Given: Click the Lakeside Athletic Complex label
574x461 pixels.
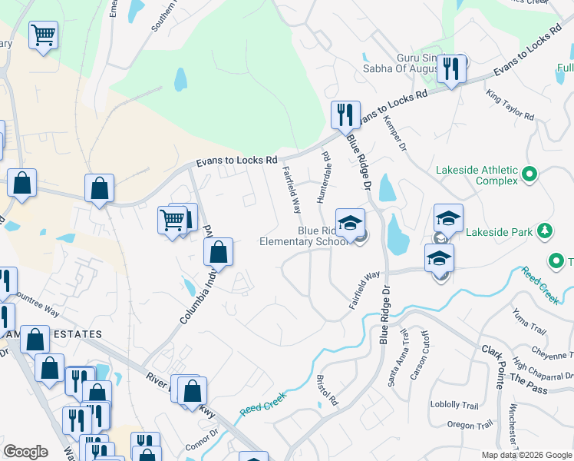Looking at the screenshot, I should point(477,175).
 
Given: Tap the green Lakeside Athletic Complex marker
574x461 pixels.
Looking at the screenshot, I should point(529,175).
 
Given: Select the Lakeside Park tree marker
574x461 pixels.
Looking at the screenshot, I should point(545,230).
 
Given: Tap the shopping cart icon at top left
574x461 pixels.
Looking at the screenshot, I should point(44,35).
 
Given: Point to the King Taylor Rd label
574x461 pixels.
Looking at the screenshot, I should point(510,104).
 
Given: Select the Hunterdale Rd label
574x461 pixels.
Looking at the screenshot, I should point(324,177).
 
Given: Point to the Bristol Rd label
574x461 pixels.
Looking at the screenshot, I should point(327,390).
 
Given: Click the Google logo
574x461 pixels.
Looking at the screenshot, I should point(26,452).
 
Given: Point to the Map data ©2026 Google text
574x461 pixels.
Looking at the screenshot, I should point(526,455).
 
